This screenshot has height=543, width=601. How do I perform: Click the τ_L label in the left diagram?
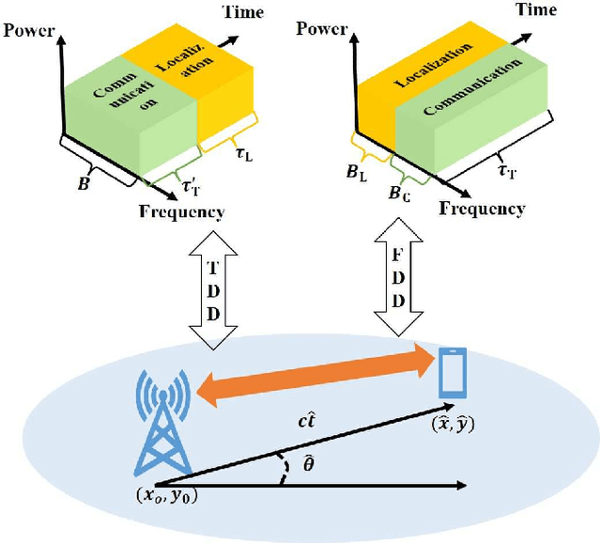click(x=242, y=150)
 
